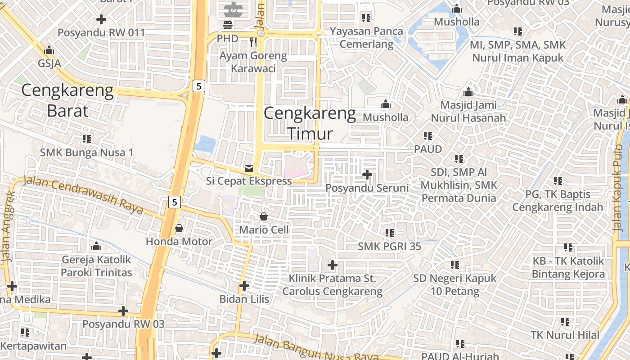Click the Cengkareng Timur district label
click(x=310, y=123)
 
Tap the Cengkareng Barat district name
click(x=67, y=100)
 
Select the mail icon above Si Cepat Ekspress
click(x=248, y=169)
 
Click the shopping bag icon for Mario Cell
click(x=264, y=217)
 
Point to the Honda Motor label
click(x=179, y=242)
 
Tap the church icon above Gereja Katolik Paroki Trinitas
click(x=96, y=247)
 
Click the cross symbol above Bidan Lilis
click(x=244, y=286)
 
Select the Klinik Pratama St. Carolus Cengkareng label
click(x=332, y=285)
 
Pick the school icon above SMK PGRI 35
click(x=390, y=233)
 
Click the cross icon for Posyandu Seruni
click(x=367, y=175)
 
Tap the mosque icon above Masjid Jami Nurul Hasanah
click(x=468, y=92)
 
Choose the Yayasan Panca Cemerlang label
click(x=367, y=38)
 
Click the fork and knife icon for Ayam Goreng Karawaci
click(x=253, y=43)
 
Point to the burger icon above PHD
click(x=228, y=25)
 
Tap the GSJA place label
click(x=49, y=63)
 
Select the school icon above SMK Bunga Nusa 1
click(x=87, y=139)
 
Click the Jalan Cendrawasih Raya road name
click(x=84, y=196)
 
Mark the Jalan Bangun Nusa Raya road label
click(x=315, y=348)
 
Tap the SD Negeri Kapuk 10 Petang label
click(x=454, y=285)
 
